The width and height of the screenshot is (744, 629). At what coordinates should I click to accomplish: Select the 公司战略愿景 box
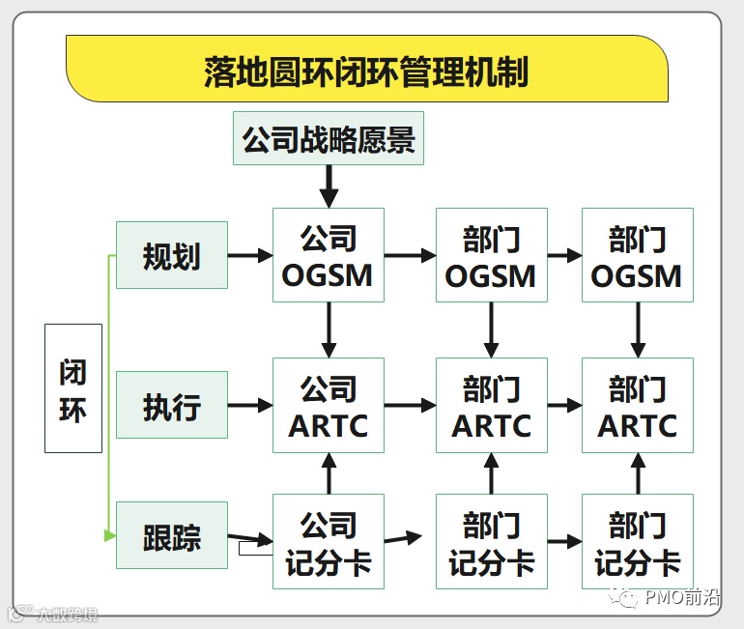pos(329,138)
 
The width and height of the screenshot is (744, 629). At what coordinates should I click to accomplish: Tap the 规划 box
pos(172,255)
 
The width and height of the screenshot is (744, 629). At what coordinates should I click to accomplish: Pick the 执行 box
pos(172,406)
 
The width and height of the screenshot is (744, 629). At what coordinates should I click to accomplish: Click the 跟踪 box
pos(172,535)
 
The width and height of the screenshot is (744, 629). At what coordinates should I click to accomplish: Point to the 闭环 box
pos(73,388)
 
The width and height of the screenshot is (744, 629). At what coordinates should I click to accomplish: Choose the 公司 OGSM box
pos(329,256)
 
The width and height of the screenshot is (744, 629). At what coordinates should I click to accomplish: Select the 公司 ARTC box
pos(329,406)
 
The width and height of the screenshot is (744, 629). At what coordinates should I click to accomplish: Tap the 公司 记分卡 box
pos(329,542)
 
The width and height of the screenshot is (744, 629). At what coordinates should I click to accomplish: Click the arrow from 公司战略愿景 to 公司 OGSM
pos(329,186)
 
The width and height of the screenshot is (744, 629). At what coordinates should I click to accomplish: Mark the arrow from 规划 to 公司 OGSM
pos(250,256)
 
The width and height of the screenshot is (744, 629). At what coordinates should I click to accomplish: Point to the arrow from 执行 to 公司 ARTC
pos(250,406)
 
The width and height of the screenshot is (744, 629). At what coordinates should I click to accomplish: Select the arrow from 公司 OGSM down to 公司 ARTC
pos(329,329)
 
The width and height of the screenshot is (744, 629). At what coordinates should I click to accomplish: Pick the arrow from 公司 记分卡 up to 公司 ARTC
pos(329,473)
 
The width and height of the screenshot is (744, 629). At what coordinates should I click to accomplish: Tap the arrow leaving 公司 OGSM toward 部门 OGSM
pos(410,256)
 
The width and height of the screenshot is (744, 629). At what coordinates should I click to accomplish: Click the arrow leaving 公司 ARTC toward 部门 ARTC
pos(410,406)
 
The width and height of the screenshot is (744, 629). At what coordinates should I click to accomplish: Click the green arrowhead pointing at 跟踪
pos(110,534)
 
